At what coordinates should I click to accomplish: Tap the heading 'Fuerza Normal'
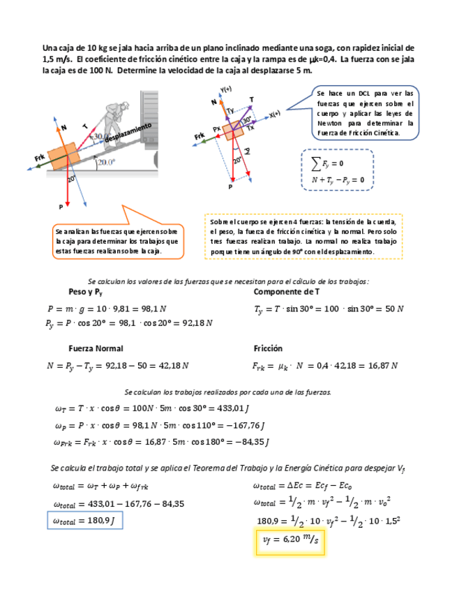96,348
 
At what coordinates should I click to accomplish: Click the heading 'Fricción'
268,348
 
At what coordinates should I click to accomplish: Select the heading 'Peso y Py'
86,291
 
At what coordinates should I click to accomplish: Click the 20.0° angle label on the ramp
105,162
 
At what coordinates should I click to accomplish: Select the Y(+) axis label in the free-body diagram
225,89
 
